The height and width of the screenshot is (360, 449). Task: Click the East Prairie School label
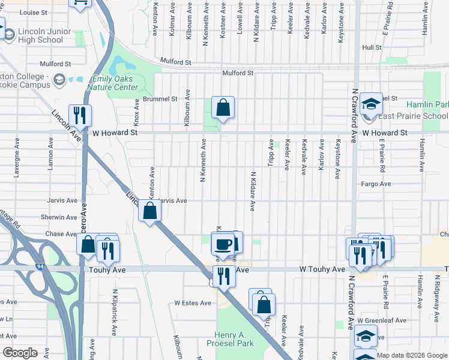413,116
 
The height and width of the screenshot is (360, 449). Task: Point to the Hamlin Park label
427,104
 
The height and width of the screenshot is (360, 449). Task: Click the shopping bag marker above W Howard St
223,108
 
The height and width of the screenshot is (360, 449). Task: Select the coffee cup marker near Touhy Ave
223,244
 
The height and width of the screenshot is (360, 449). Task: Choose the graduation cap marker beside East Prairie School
372,104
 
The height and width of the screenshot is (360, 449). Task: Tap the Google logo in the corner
20,352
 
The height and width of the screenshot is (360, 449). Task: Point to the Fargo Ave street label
376,184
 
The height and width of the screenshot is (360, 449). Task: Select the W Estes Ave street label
193,303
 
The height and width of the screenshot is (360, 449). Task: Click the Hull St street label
372,47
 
